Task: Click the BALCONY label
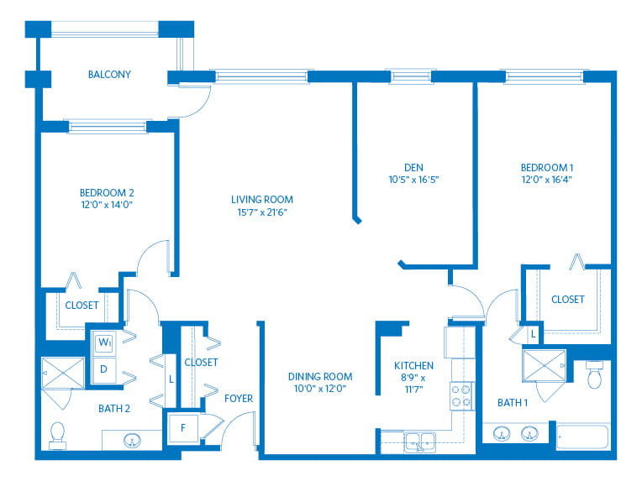(x=109, y=75)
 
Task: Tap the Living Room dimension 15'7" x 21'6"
(x=262, y=212)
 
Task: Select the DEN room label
(x=413, y=167)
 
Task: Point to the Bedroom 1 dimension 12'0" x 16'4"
(x=546, y=179)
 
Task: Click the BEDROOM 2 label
(x=107, y=192)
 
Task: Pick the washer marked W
(x=104, y=342)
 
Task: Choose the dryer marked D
(x=103, y=369)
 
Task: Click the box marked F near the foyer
(x=183, y=428)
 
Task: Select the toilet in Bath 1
(x=594, y=374)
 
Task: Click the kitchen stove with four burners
(x=460, y=396)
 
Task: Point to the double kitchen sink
(x=420, y=442)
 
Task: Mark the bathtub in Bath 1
(x=582, y=437)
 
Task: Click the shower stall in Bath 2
(x=63, y=373)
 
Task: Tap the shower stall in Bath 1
(x=545, y=366)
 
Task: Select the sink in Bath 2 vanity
(x=132, y=441)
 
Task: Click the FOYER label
(x=239, y=399)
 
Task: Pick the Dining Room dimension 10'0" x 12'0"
(x=320, y=389)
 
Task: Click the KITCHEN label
(x=413, y=366)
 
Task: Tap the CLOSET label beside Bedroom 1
(x=567, y=300)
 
